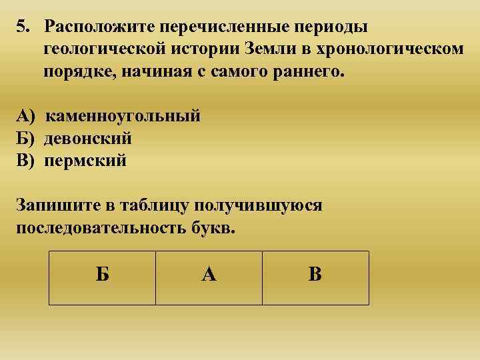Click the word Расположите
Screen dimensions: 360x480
99,28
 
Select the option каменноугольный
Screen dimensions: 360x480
123,117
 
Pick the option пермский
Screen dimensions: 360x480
85,160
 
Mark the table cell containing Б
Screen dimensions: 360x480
102,277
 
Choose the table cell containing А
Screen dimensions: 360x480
209,277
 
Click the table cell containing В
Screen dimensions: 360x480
315,277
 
